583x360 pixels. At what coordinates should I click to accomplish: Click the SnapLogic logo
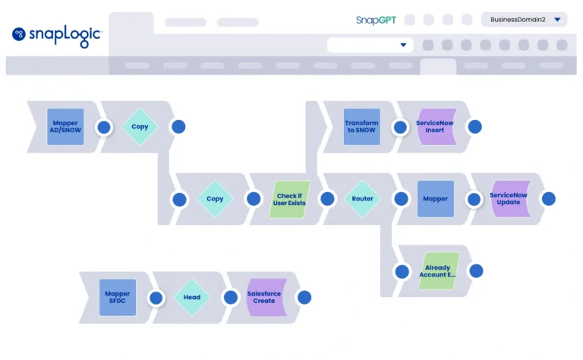click(57, 34)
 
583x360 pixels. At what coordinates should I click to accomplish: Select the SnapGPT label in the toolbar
click(376, 20)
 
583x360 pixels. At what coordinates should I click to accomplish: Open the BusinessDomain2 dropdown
click(524, 20)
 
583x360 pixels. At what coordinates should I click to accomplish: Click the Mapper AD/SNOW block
click(65, 127)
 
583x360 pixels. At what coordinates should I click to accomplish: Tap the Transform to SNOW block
click(361, 127)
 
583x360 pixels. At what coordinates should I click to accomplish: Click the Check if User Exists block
click(289, 199)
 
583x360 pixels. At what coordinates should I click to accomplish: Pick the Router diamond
click(362, 199)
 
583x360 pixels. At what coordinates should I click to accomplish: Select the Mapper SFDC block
click(118, 297)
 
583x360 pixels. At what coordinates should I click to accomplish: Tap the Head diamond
click(192, 297)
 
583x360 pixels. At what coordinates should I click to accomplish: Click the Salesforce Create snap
click(264, 297)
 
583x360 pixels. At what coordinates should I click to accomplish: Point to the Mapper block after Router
click(436, 199)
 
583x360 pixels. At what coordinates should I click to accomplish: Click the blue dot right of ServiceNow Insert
click(474, 127)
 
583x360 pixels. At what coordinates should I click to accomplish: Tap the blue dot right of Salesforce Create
click(304, 298)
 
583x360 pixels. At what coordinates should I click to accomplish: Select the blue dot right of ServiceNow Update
click(548, 199)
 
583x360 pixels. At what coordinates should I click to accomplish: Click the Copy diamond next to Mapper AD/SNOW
click(140, 127)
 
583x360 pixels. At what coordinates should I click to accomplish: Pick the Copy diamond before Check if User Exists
click(215, 199)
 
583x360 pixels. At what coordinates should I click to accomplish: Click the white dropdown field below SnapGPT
click(370, 45)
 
